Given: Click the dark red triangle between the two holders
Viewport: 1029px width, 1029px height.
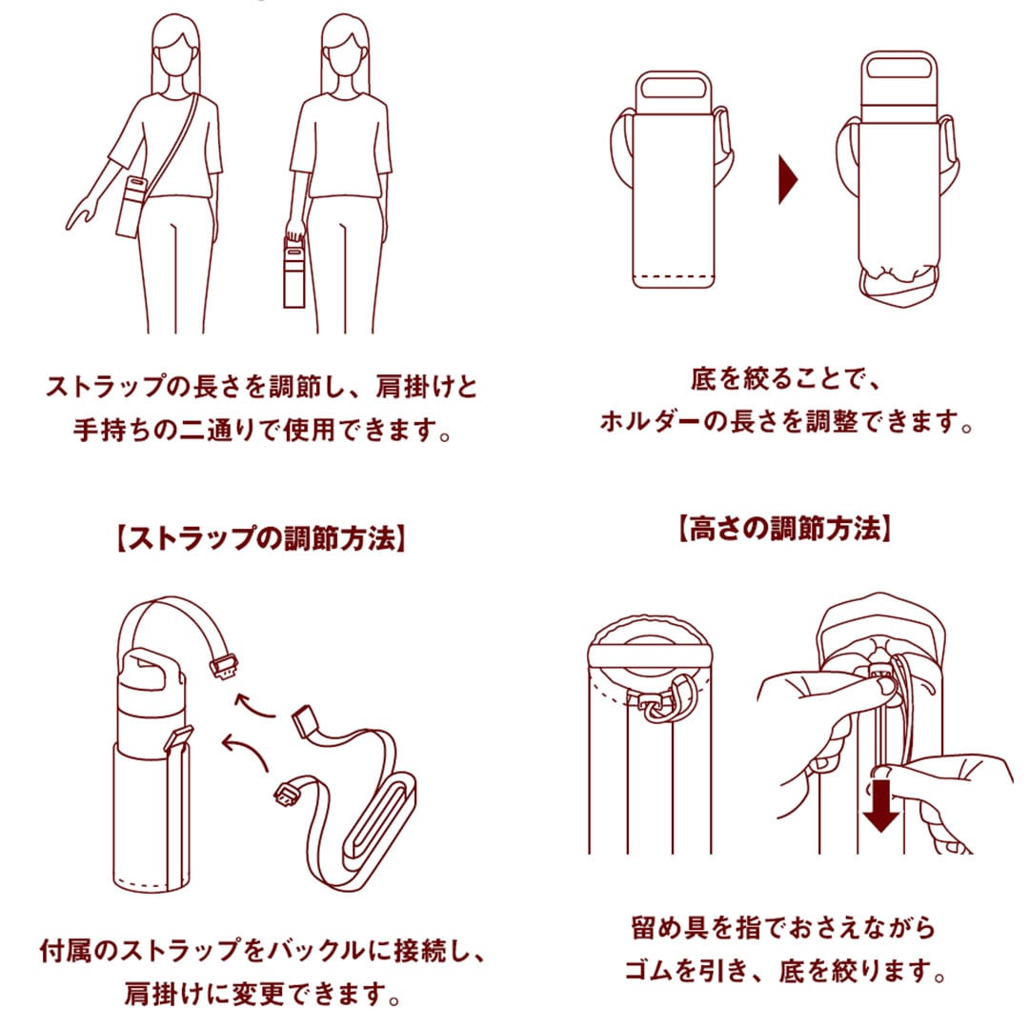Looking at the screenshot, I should [787, 178].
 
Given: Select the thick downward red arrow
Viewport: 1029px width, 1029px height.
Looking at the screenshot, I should [881, 804].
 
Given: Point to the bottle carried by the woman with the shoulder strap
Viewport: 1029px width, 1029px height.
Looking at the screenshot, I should [131, 205].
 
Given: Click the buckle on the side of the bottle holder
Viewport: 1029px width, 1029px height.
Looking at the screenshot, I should [179, 739].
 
